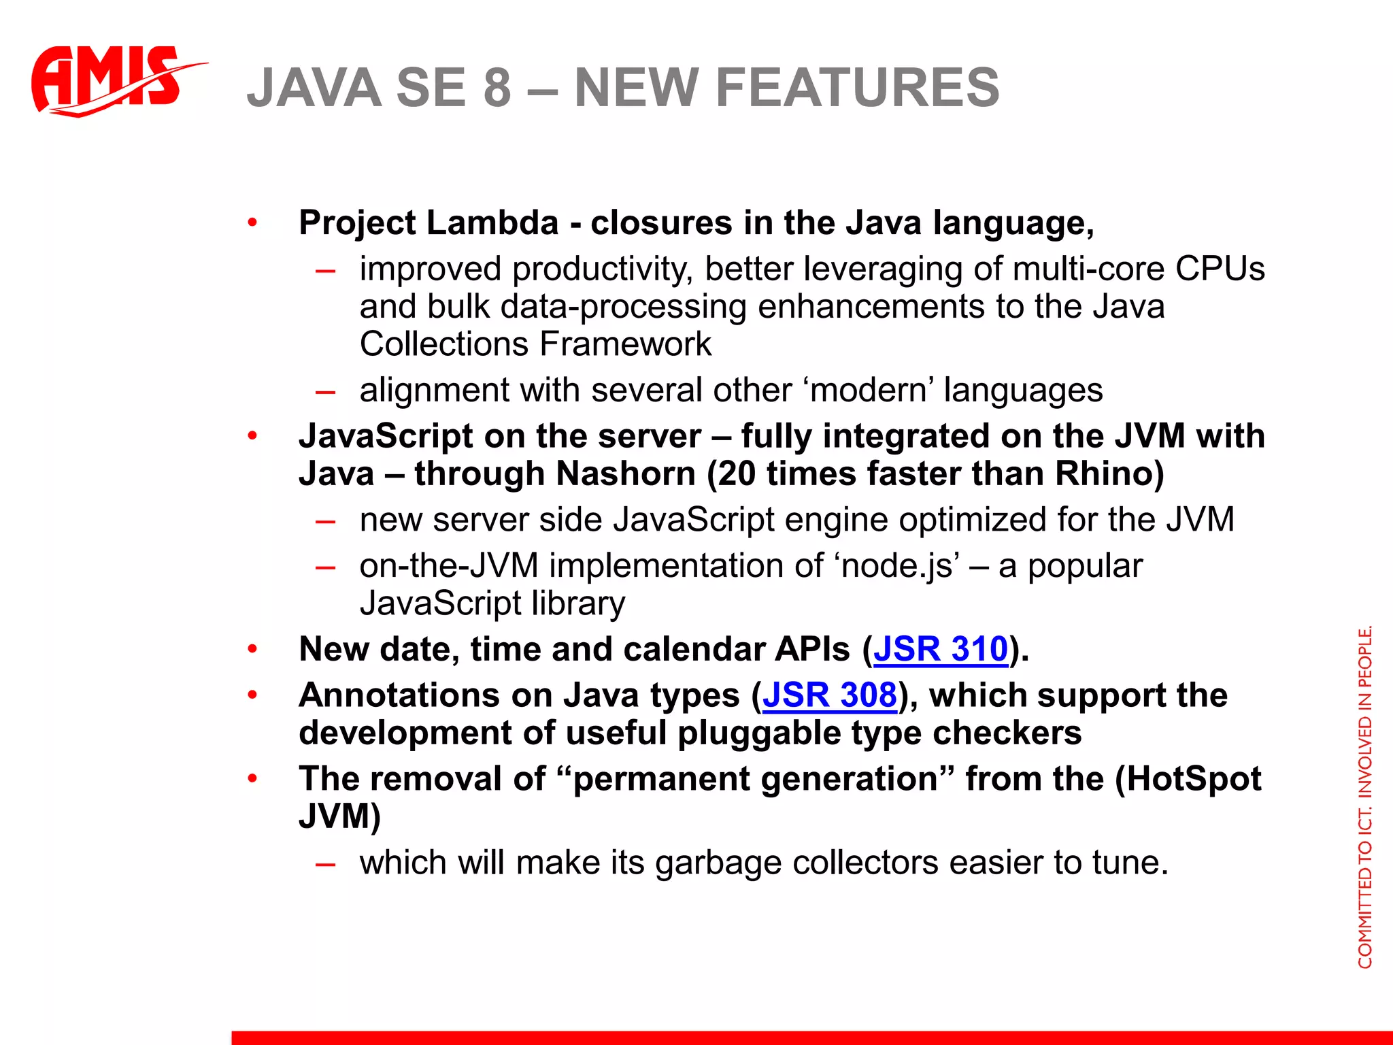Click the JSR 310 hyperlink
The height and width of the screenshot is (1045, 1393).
(941, 649)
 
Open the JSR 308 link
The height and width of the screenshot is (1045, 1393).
(830, 695)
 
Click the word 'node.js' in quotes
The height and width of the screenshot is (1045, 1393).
(901, 566)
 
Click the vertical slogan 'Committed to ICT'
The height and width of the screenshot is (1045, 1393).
(1365, 796)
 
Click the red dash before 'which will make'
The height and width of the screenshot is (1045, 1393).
(326, 863)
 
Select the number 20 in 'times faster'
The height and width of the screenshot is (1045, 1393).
(737, 474)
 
